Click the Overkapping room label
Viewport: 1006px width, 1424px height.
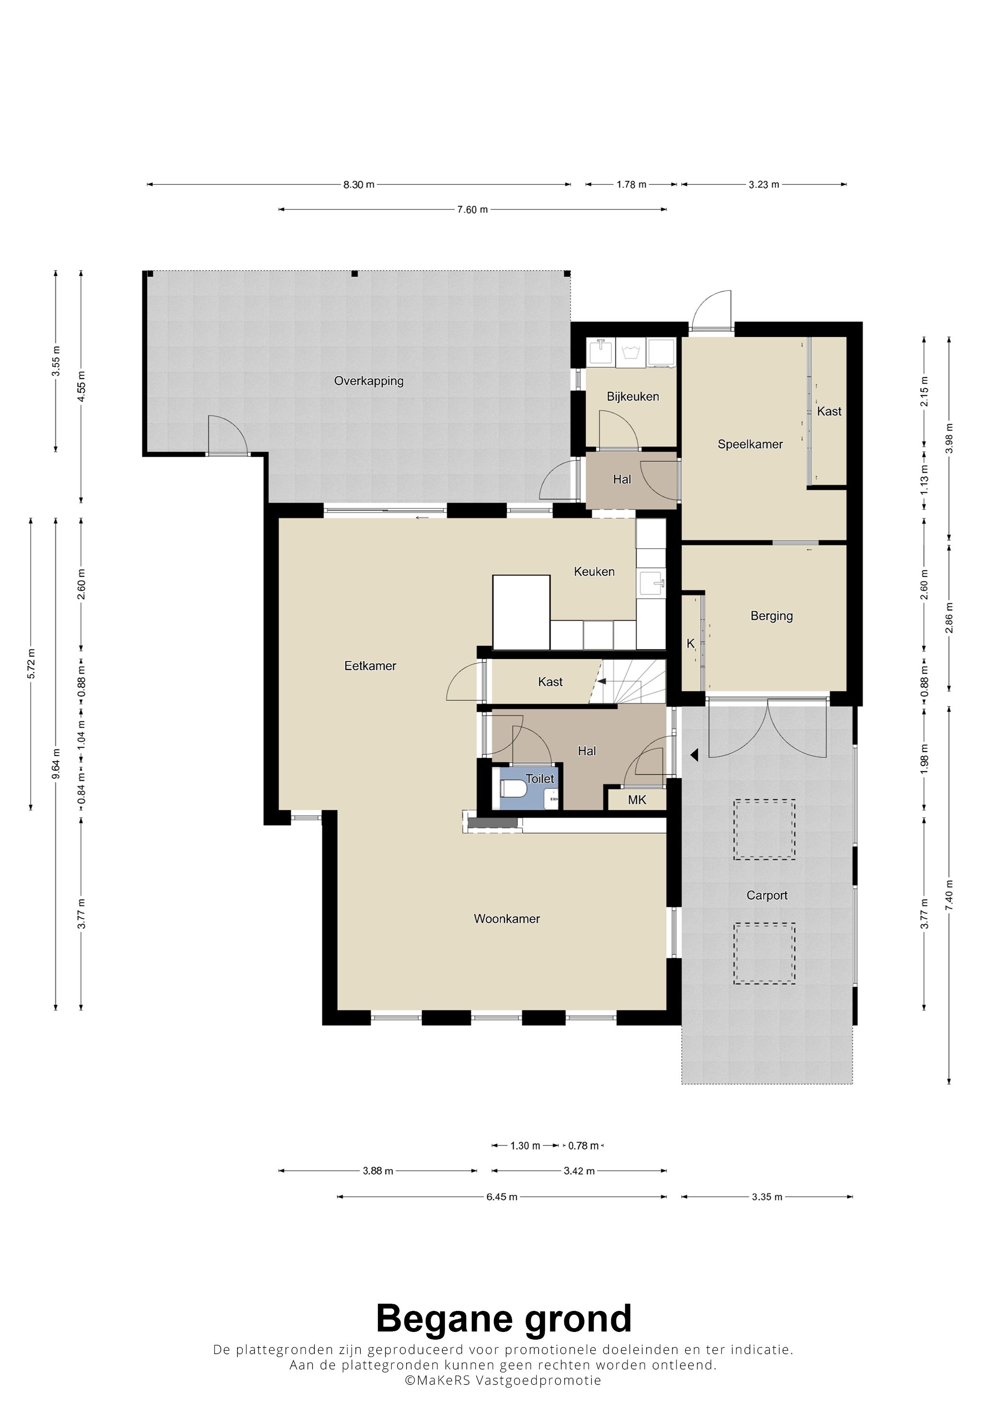[x=369, y=381]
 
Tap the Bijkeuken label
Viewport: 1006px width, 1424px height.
[x=633, y=396]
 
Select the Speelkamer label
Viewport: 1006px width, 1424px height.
[x=750, y=444]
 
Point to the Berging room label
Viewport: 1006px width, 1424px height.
[x=772, y=616]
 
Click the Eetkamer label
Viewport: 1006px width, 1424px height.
[x=370, y=665]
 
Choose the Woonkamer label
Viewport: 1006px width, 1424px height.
[x=506, y=918]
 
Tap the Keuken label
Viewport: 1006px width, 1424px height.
[x=594, y=571]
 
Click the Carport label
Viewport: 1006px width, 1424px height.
[x=767, y=895]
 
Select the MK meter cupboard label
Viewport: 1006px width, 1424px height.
[x=637, y=799]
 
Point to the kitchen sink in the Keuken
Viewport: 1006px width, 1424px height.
[x=652, y=583]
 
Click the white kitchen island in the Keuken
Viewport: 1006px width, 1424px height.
[x=521, y=612]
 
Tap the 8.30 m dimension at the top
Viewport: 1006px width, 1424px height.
[x=359, y=184]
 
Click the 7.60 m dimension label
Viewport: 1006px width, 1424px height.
[x=472, y=209]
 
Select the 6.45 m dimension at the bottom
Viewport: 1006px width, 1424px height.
[x=502, y=1196]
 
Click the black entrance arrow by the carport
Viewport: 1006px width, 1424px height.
[x=695, y=755]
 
